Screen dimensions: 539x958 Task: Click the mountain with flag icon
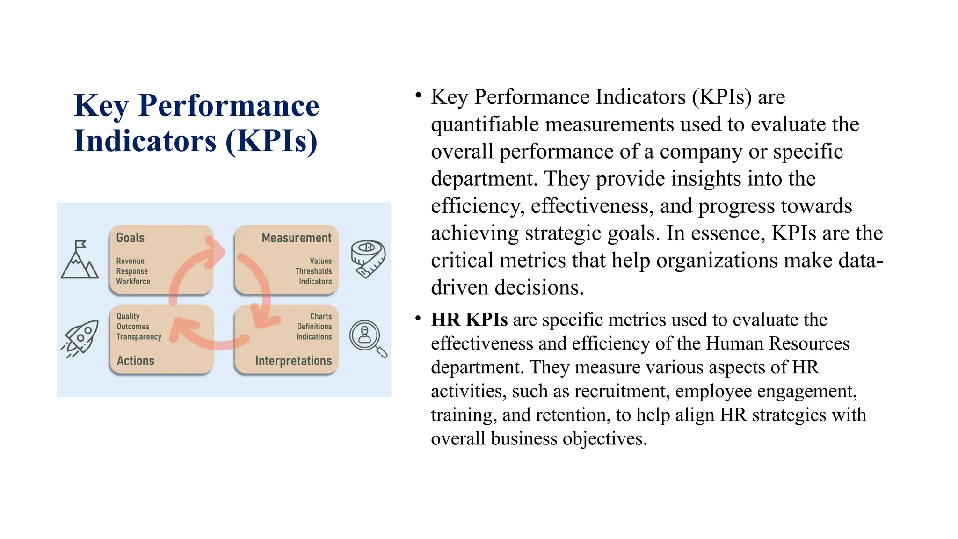pyautogui.click(x=80, y=260)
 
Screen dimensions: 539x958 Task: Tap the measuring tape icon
pyautogui.click(x=368, y=258)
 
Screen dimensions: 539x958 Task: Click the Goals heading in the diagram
pyautogui.click(x=131, y=238)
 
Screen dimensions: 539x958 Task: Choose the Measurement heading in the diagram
pyautogui.click(x=297, y=238)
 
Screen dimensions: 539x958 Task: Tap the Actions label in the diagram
pyautogui.click(x=136, y=361)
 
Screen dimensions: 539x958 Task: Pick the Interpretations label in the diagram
pyautogui.click(x=293, y=361)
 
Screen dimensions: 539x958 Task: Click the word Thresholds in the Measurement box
pyautogui.click(x=313, y=271)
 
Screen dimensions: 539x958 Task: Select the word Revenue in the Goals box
pyautogui.click(x=131, y=261)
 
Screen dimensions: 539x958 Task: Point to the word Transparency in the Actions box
pyautogui.click(x=139, y=337)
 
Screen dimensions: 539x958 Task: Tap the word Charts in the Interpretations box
pyautogui.click(x=321, y=316)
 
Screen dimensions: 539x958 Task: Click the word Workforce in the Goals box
pyautogui.click(x=133, y=282)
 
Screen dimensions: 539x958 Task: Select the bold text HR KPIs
pyautogui.click(x=469, y=320)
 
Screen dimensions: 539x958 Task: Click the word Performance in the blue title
pyautogui.click(x=229, y=106)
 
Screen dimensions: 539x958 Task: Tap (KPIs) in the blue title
pyautogui.click(x=271, y=141)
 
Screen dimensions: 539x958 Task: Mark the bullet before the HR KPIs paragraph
pyautogui.click(x=418, y=318)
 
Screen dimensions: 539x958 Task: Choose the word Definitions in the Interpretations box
pyautogui.click(x=314, y=327)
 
